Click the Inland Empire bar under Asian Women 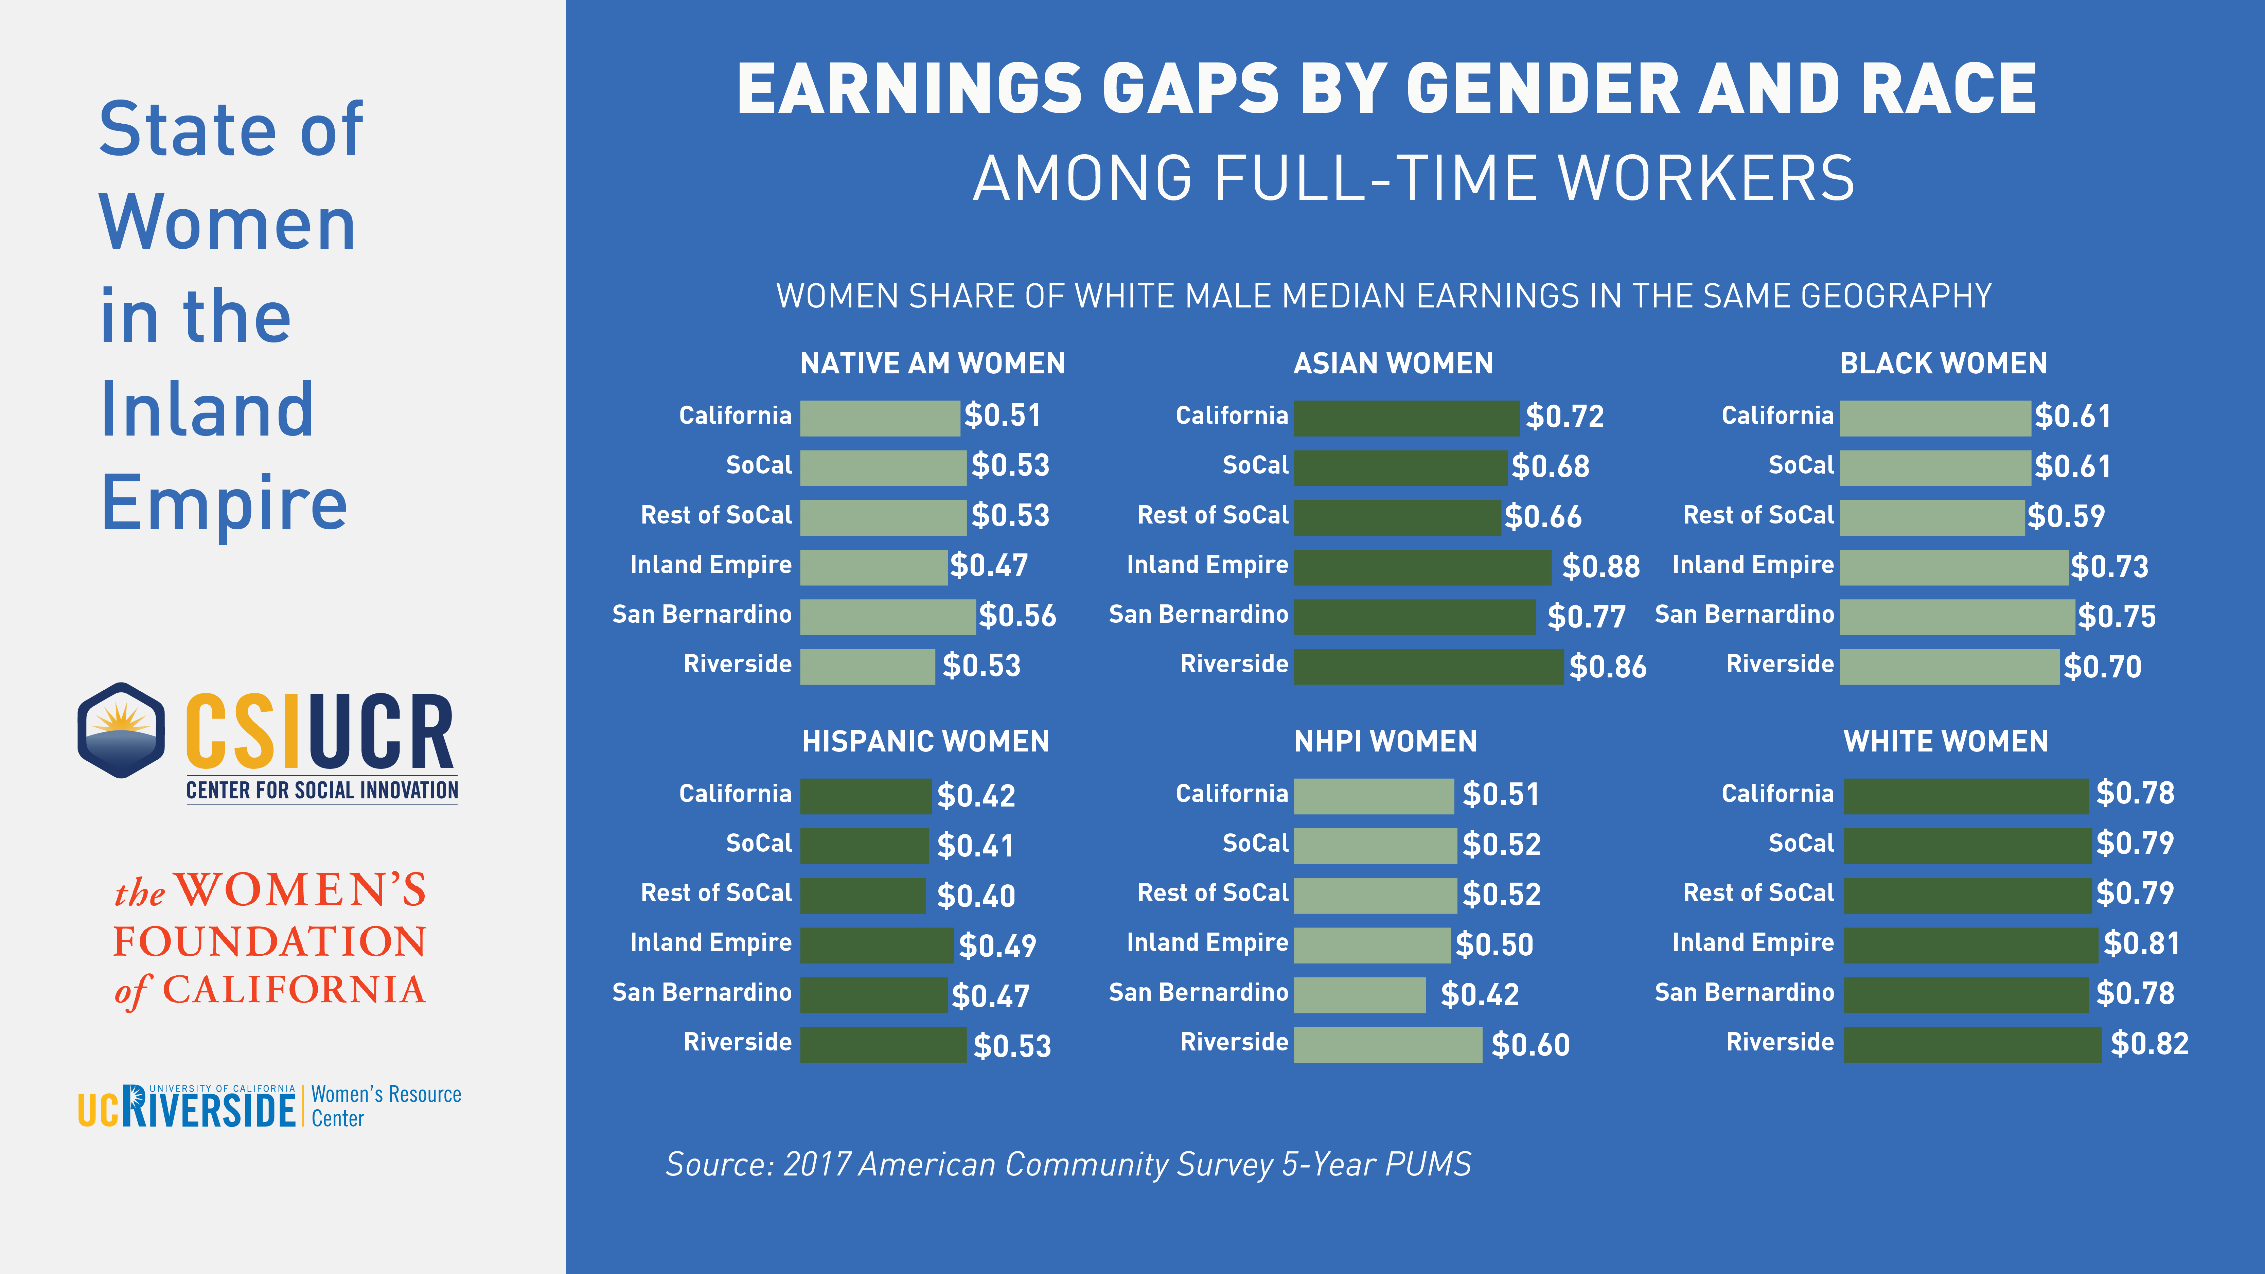tap(1422, 567)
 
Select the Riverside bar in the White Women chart tap(1972, 1045)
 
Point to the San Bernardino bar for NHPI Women tap(1359, 994)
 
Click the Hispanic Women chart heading tap(925, 741)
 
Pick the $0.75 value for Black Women tap(2117, 616)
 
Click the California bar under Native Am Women tap(879, 418)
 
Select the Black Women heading tap(1943, 363)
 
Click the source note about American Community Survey tap(1067, 1164)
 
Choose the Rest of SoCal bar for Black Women tap(1932, 517)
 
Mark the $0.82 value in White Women tap(2149, 1044)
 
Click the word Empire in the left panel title tap(224, 503)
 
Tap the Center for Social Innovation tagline tap(322, 791)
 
